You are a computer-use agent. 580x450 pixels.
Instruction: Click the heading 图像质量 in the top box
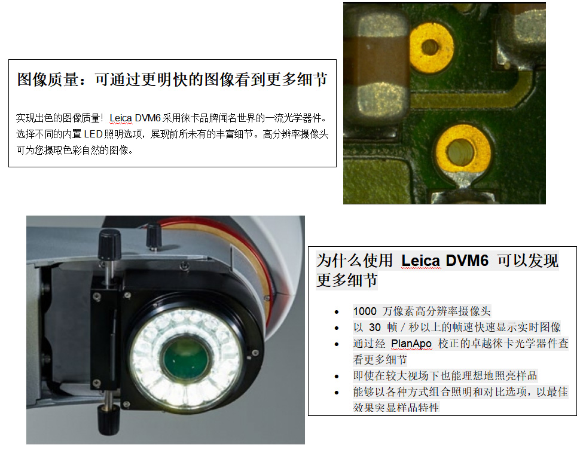click(x=48, y=79)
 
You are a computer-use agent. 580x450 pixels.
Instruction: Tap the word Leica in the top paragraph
click(x=121, y=118)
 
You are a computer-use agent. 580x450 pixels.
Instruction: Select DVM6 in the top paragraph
click(x=148, y=118)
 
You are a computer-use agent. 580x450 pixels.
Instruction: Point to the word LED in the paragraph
click(x=93, y=134)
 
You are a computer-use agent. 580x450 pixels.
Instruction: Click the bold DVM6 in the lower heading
click(x=467, y=261)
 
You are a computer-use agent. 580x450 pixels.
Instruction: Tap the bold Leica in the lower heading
click(x=421, y=261)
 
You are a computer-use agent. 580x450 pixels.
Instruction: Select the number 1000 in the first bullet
click(x=365, y=311)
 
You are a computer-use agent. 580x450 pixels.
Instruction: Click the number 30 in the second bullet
click(x=375, y=327)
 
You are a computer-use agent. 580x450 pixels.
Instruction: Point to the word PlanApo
click(x=411, y=344)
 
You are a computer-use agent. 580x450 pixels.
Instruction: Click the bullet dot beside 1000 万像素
click(x=337, y=312)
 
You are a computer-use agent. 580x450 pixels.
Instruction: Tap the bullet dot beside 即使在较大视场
click(x=337, y=376)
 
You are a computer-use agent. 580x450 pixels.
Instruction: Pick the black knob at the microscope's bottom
click(x=108, y=420)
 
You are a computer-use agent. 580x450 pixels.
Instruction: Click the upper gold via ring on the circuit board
click(x=431, y=47)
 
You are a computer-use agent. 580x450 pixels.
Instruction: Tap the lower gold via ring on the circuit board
click(x=462, y=150)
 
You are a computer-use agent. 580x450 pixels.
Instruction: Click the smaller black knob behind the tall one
click(x=154, y=237)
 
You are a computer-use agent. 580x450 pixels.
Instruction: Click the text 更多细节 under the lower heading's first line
click(x=347, y=280)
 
